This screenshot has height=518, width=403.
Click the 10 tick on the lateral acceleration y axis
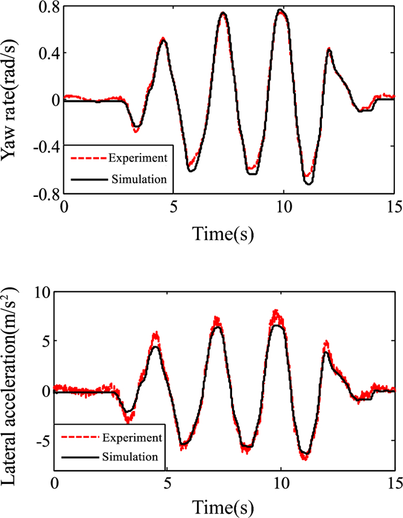tap(40, 291)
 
